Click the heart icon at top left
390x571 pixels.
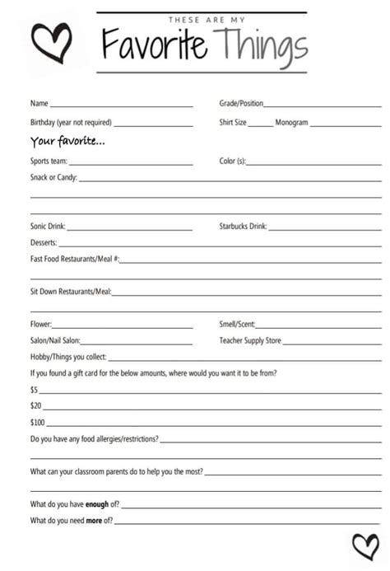[52, 40]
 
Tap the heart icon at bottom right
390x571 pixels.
[364, 546]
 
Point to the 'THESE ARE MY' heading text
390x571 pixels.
[202, 20]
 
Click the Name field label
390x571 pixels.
[39, 104]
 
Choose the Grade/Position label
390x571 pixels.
[241, 104]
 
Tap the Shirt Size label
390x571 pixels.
[233, 123]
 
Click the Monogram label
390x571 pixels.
[291, 123]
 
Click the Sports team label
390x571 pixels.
[49, 161]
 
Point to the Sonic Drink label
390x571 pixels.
[48, 226]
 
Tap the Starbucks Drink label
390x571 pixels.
[243, 226]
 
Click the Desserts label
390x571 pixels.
[44, 243]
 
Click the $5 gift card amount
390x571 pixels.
[35, 389]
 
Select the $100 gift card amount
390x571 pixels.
[37, 423]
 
